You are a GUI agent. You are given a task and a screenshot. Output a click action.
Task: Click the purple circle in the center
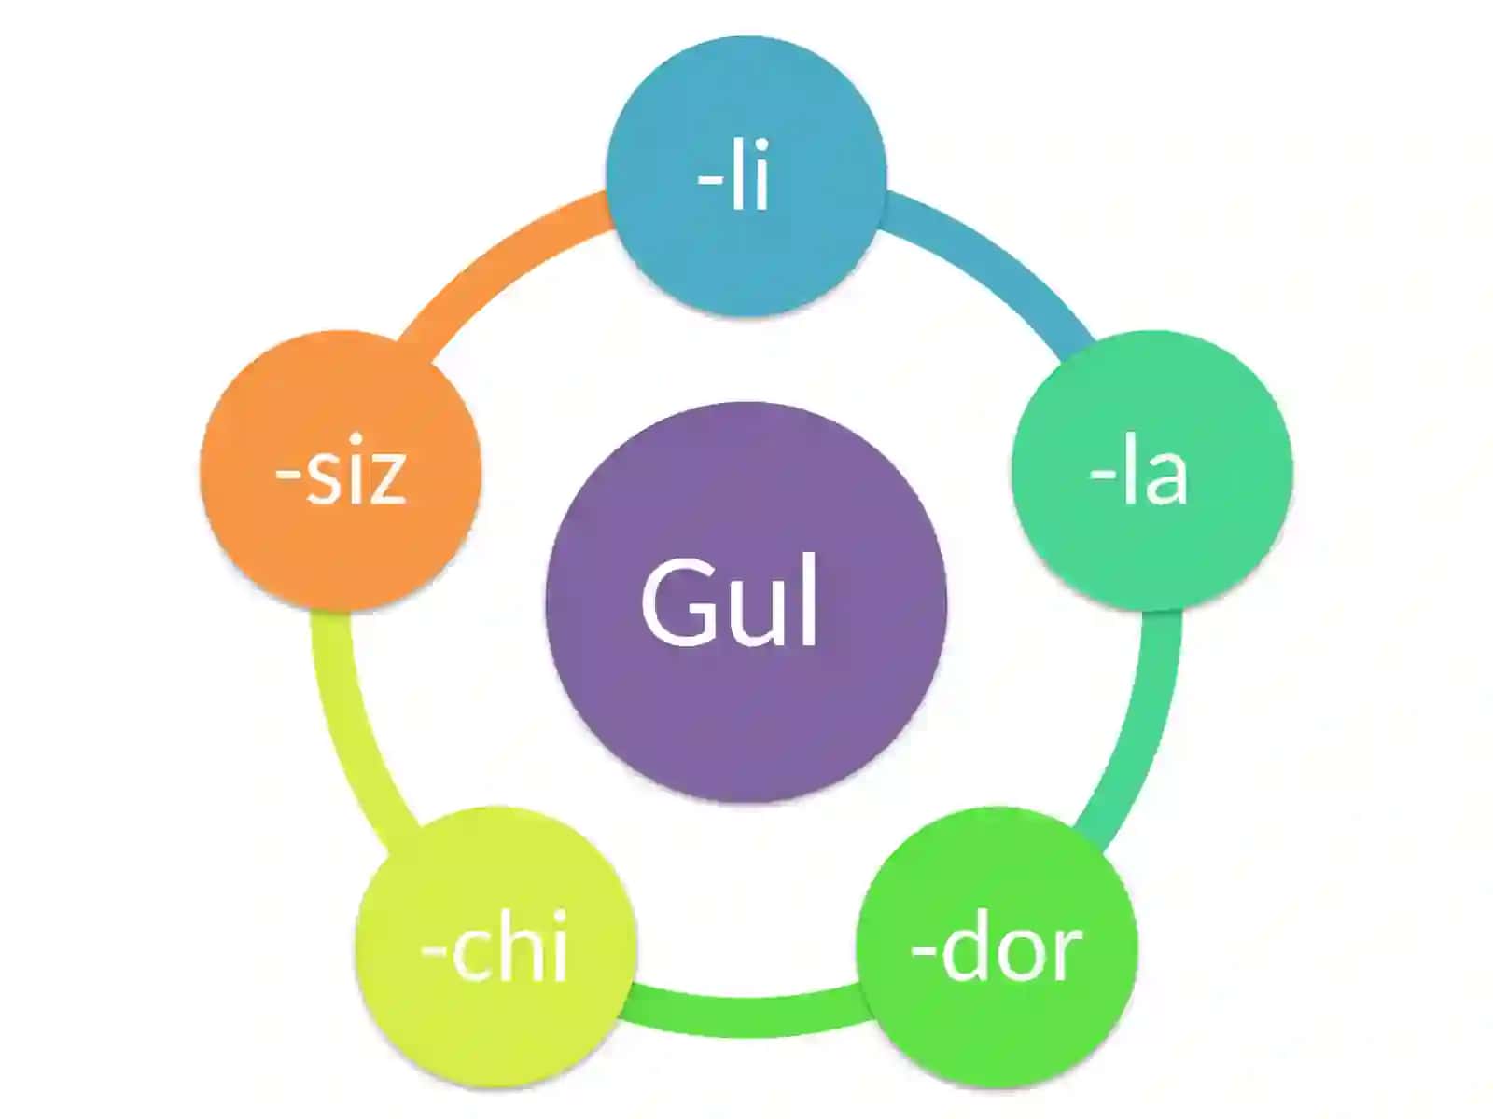click(746, 602)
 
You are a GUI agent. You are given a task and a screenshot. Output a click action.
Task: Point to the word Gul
click(729, 602)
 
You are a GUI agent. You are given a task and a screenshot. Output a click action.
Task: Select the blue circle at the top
click(746, 176)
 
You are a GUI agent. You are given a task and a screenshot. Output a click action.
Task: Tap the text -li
click(733, 174)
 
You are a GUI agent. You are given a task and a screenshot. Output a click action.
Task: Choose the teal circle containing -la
click(1151, 470)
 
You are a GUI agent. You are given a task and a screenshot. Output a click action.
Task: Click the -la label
click(1139, 469)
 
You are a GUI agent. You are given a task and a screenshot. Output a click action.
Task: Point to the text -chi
click(494, 946)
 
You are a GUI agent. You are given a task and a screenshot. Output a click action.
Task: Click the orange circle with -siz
click(341, 470)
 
